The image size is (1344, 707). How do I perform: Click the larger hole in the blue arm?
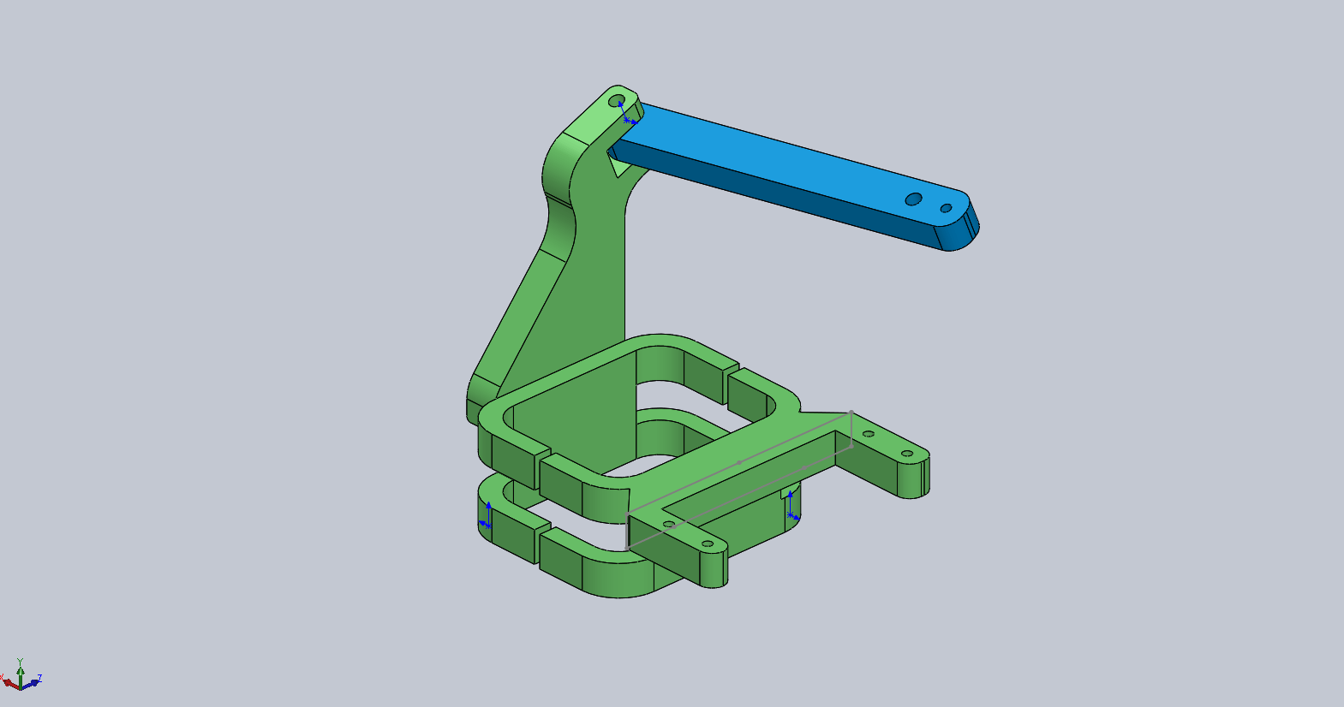[x=914, y=199]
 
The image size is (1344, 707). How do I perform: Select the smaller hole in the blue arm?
[x=946, y=208]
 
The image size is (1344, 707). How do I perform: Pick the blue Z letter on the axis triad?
[x=39, y=678]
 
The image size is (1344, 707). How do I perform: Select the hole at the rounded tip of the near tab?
[x=708, y=544]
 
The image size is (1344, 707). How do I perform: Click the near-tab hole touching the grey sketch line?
[x=669, y=524]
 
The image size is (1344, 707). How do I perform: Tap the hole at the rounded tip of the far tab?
[x=906, y=453]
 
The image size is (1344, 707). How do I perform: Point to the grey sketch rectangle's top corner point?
[x=851, y=412]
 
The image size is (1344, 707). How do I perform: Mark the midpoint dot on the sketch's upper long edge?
[x=740, y=462]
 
